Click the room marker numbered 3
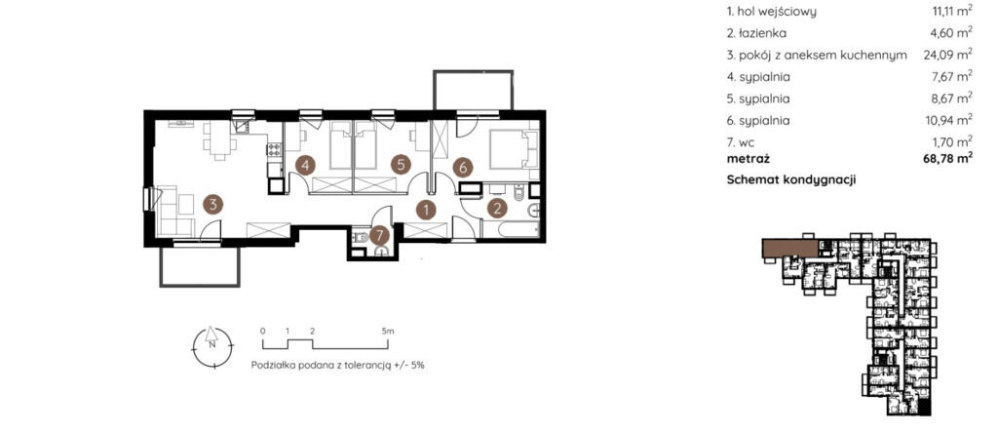pos(213,205)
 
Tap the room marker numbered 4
pos(305,166)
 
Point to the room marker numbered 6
pos(463,168)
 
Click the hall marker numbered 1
pos(426,208)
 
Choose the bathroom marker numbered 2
pos(497,208)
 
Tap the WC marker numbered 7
pos(379,236)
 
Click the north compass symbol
pos(211,345)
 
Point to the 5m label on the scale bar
pos(388,332)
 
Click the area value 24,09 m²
pos(947,56)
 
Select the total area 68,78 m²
pos(947,159)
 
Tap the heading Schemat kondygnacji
pos(791,180)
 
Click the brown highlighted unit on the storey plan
pos(789,248)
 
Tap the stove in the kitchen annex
pos(274,150)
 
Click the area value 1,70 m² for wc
pos(950,140)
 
